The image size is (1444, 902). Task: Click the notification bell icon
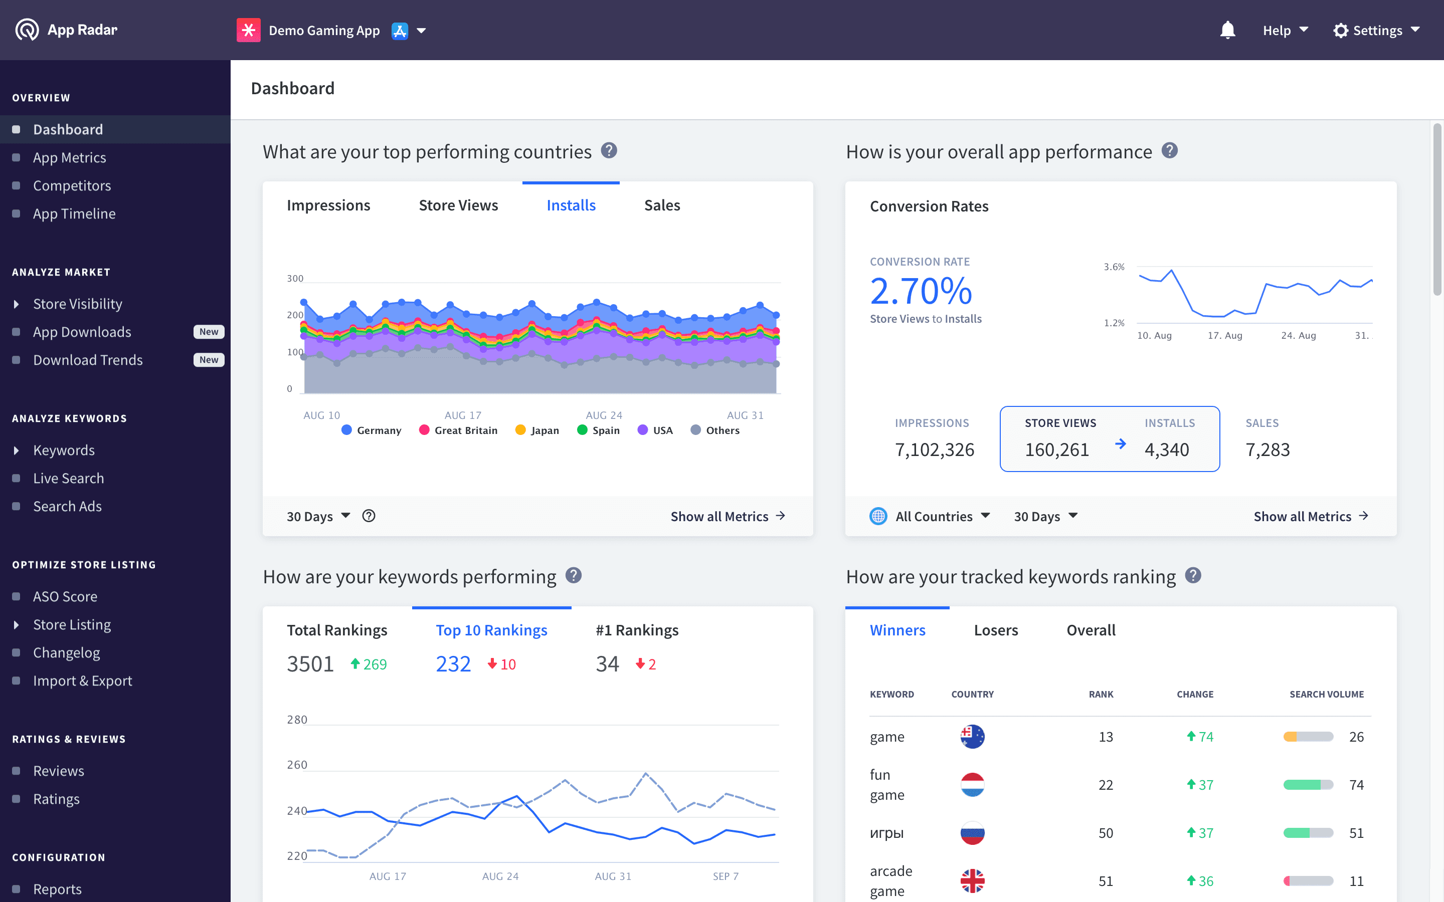pyautogui.click(x=1227, y=30)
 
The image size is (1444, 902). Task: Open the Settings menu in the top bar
pyautogui.click(x=1376, y=31)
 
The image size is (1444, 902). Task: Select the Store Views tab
pyautogui.click(x=458, y=205)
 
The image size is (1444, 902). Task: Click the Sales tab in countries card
pyautogui.click(x=662, y=205)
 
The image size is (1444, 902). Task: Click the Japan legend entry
pyautogui.click(x=537, y=430)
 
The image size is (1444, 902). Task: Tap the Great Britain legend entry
pyautogui.click(x=458, y=430)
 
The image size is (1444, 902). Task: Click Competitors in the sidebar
pyautogui.click(x=72, y=185)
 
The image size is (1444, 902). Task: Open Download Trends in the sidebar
pyautogui.click(x=88, y=360)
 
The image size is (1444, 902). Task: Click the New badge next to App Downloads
pyautogui.click(x=208, y=332)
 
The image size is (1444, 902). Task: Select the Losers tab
pyautogui.click(x=995, y=630)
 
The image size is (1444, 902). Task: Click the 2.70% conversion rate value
pyautogui.click(x=921, y=291)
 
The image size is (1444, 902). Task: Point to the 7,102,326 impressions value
pyautogui.click(x=934, y=449)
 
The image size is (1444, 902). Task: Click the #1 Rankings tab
pyautogui.click(x=637, y=630)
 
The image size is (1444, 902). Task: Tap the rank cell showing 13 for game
pyautogui.click(x=1105, y=737)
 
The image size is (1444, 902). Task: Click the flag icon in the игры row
pyautogui.click(x=972, y=833)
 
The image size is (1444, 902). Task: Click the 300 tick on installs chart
pyautogui.click(x=295, y=279)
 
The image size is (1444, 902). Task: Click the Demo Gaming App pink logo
pyautogui.click(x=248, y=31)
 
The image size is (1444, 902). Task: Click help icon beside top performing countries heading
pyautogui.click(x=609, y=150)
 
